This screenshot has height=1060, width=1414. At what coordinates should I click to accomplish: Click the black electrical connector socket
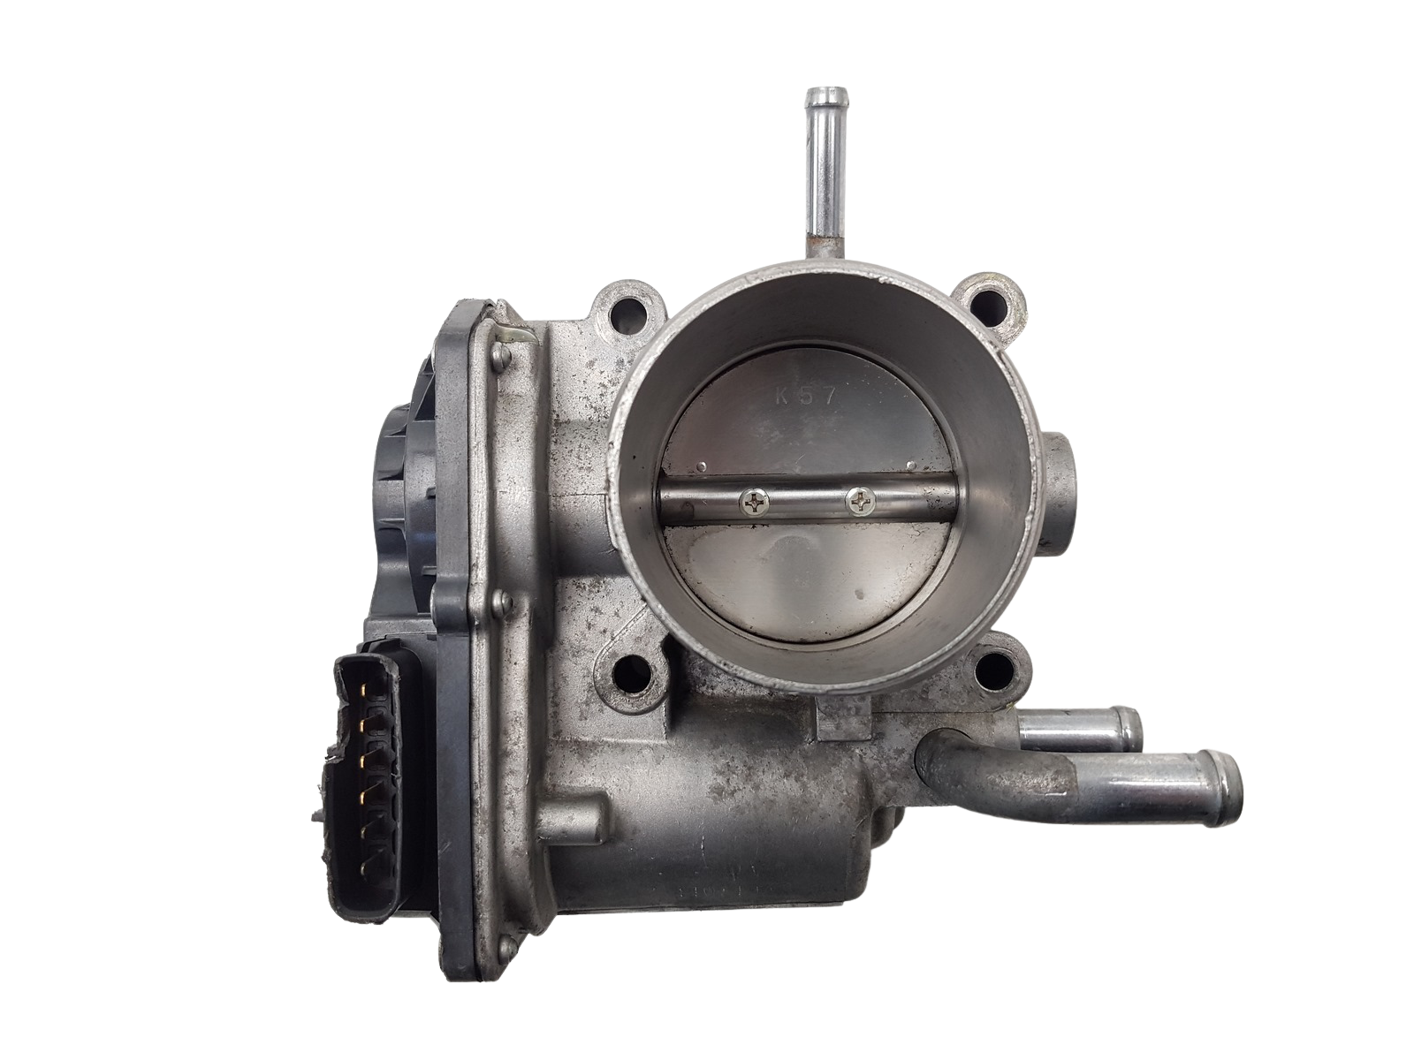(358, 820)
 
